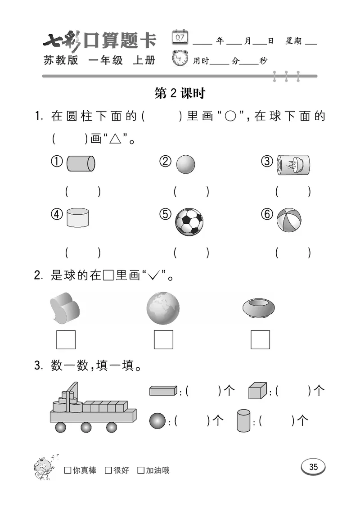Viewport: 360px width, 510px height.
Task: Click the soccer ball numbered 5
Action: coord(189,222)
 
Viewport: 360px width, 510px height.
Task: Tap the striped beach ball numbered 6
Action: coord(289,221)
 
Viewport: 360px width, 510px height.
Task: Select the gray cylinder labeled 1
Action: coord(81,163)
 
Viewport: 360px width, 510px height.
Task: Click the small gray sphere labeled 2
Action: coord(185,165)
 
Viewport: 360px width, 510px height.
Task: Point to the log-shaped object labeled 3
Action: coord(294,165)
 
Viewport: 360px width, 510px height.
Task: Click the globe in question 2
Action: coord(163,308)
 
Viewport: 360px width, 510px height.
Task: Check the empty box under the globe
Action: coord(163,340)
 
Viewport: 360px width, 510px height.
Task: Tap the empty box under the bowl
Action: coord(260,340)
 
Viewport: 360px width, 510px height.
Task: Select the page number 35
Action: coord(313,467)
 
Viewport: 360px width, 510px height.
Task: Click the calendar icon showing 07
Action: coord(180,37)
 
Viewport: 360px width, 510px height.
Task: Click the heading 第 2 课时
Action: coord(180,93)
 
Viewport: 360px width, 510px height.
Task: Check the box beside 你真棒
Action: coord(68,470)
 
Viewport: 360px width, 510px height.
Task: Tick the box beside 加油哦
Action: coord(141,470)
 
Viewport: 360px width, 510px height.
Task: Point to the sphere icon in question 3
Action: coord(157,420)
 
